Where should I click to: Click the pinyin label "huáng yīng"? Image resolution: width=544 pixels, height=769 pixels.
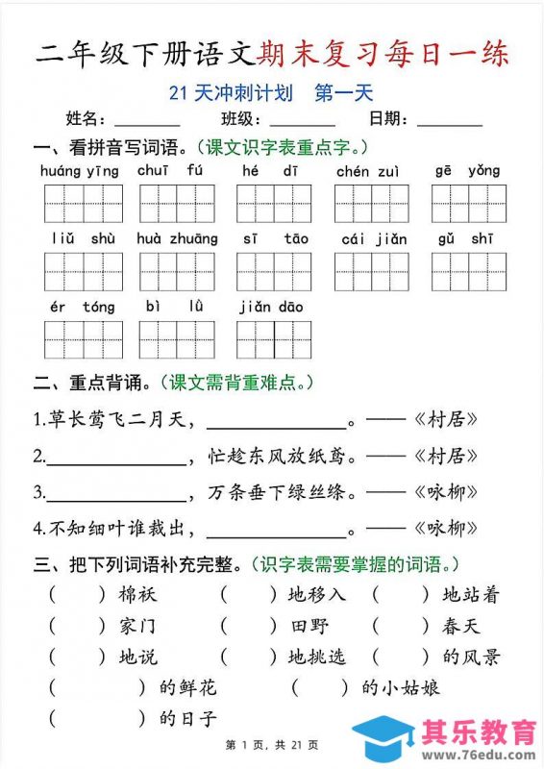coord(80,171)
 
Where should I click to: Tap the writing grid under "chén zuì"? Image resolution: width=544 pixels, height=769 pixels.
coord(372,203)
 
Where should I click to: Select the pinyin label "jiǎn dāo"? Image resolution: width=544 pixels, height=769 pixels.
coord(273,307)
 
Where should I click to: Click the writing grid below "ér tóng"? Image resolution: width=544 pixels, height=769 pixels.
coord(83,339)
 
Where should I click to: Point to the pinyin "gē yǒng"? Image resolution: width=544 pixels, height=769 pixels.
coord(467,171)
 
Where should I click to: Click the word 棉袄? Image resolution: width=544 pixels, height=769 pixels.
coord(138,595)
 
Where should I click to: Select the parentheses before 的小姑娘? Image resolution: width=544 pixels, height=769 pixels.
coord(319,687)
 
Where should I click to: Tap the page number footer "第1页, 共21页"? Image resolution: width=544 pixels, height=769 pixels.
coord(272,745)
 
